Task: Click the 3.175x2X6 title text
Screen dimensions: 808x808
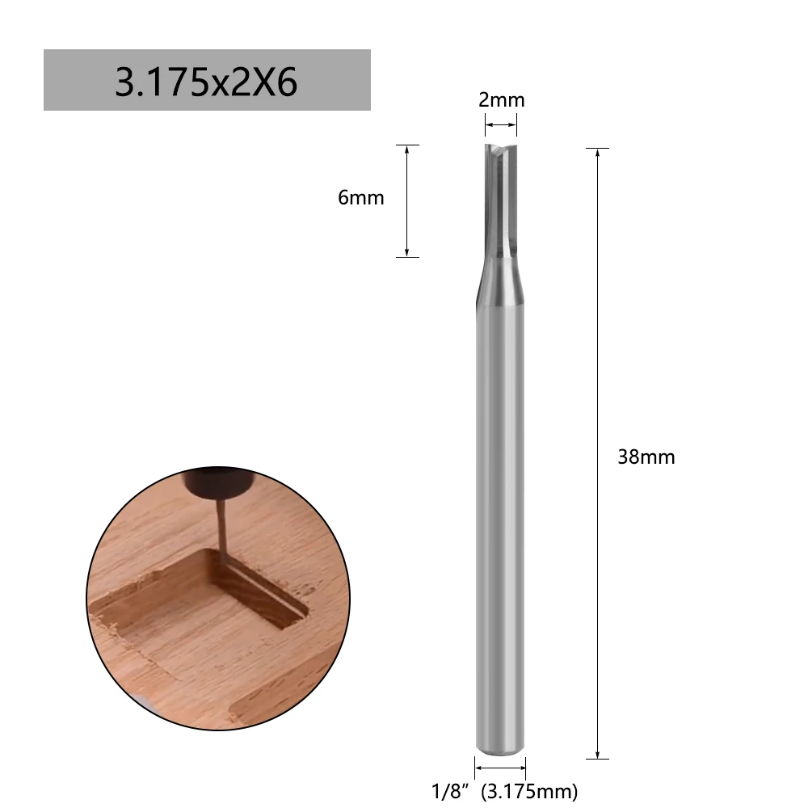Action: pyautogui.click(x=206, y=82)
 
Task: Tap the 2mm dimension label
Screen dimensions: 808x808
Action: pyautogui.click(x=501, y=100)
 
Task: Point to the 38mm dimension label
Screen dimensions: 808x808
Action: pyautogui.click(x=646, y=457)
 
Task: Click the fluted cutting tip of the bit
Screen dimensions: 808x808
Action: pyautogui.click(x=500, y=198)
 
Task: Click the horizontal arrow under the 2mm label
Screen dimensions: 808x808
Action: pyautogui.click(x=500, y=124)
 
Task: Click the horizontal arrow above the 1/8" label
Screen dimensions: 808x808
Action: pyautogui.click(x=499, y=768)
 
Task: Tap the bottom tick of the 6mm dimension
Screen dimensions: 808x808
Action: pyautogui.click(x=406, y=257)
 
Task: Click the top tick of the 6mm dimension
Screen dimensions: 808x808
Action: pyautogui.click(x=406, y=145)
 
